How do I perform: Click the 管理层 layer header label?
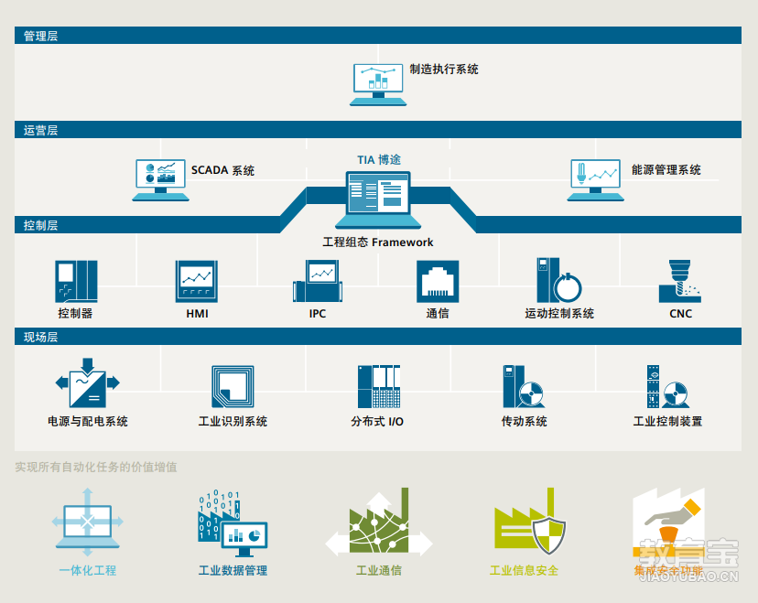40,37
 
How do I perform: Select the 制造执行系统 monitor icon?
378,83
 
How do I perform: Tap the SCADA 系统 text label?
222,170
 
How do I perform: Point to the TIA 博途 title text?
378,159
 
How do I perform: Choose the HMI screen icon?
197,281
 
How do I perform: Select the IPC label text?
318,314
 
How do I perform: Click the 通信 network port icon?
438,281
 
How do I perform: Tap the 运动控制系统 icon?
558,280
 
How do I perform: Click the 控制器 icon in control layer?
76,281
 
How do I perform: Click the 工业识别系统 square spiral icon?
233,387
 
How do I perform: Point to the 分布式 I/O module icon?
378,386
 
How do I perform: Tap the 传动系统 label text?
524,422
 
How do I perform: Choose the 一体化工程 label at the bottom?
88,571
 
